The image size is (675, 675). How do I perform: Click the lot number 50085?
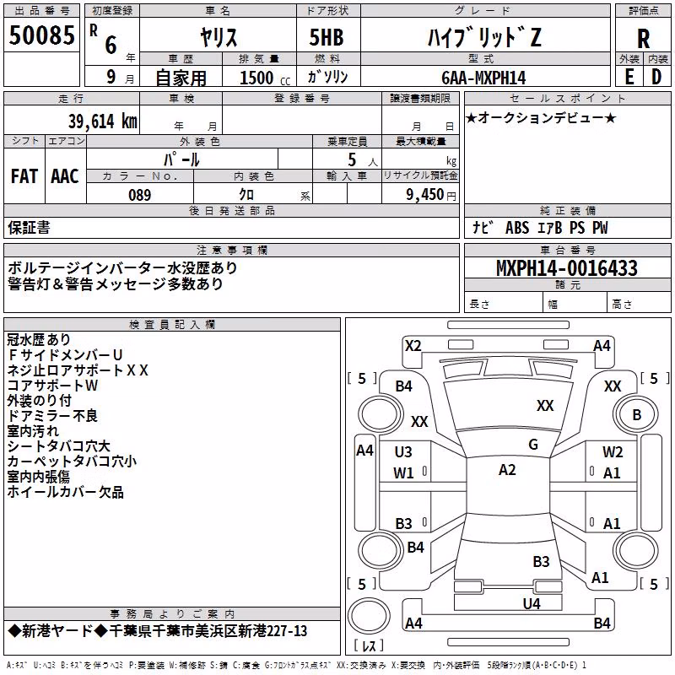(x=41, y=35)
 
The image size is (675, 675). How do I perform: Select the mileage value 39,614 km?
(x=103, y=121)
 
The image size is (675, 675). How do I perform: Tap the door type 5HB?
(x=327, y=37)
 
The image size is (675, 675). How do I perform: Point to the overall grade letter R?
(x=643, y=39)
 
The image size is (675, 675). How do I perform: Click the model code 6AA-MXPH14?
(x=483, y=78)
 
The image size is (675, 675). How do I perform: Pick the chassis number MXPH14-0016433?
(x=567, y=268)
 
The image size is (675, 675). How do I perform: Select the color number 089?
(x=140, y=195)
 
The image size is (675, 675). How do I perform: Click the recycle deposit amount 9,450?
(x=425, y=195)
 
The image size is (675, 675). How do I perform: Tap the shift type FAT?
(x=24, y=176)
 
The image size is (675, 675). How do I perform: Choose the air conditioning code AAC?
(x=65, y=176)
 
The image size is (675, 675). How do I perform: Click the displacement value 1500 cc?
(x=265, y=78)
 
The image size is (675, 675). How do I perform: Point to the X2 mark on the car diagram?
(x=413, y=346)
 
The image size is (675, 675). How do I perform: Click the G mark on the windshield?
(x=533, y=445)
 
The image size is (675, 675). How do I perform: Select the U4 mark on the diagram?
(x=532, y=604)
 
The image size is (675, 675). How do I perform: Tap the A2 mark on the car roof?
(x=507, y=470)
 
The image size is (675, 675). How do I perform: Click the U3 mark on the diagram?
(x=403, y=452)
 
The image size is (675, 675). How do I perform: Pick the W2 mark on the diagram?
(x=613, y=452)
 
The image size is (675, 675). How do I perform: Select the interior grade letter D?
(x=656, y=77)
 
